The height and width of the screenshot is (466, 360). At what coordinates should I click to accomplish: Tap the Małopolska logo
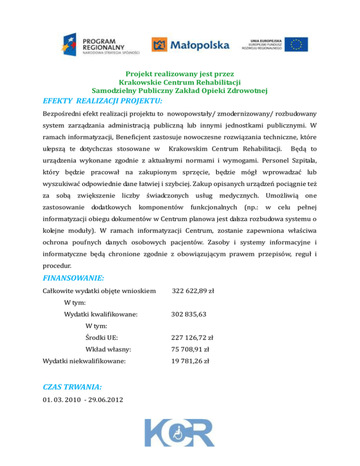coord(190,45)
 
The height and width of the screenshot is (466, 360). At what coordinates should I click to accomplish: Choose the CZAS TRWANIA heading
coord(72,387)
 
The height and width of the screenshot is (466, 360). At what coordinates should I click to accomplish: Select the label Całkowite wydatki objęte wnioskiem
coord(99,291)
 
